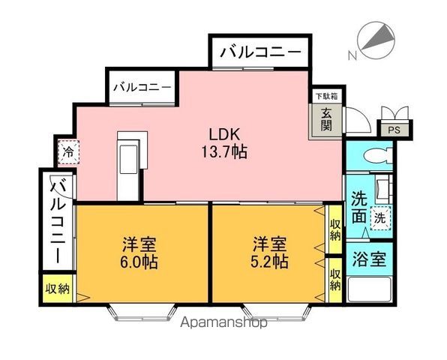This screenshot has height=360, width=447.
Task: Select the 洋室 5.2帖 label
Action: (x=270, y=253)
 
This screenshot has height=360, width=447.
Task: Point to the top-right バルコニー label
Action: (x=259, y=53)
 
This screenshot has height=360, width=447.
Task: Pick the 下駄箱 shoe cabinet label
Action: (x=325, y=96)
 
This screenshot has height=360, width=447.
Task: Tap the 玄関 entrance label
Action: (x=328, y=120)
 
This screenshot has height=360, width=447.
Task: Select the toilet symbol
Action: (x=373, y=157)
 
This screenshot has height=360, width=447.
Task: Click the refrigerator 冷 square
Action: (x=68, y=152)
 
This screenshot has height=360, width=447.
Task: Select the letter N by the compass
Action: (x=352, y=55)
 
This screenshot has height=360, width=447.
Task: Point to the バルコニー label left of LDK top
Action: (x=142, y=87)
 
